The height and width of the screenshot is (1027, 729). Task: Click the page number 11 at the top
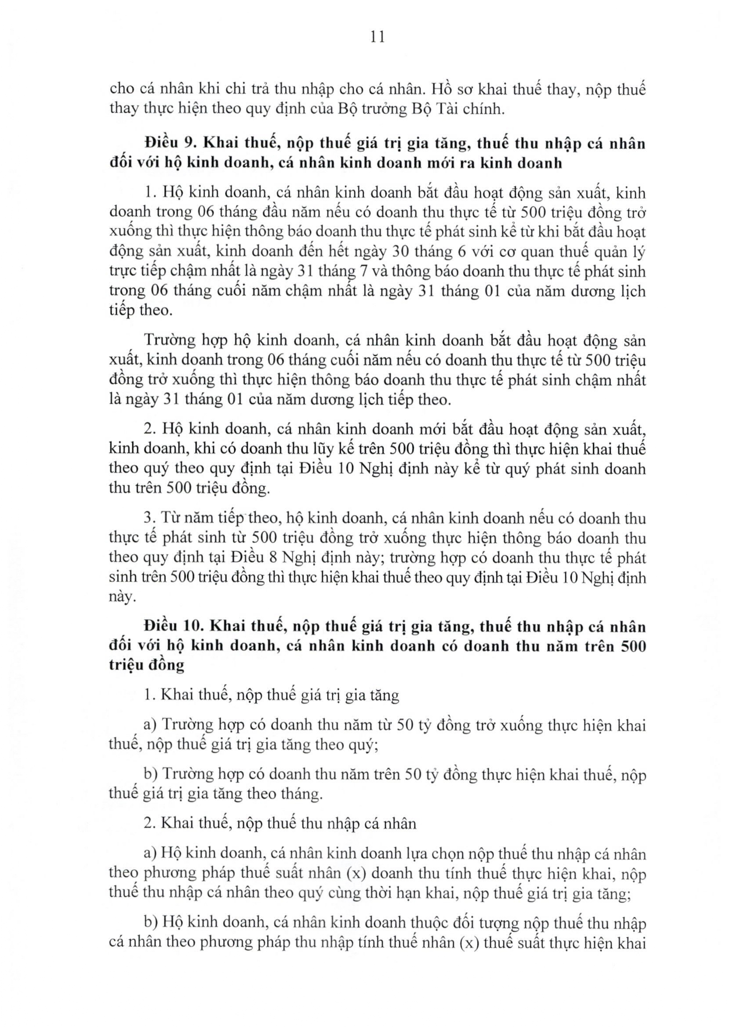click(x=378, y=37)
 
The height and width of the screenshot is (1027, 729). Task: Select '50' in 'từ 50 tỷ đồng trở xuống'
click(x=405, y=725)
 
